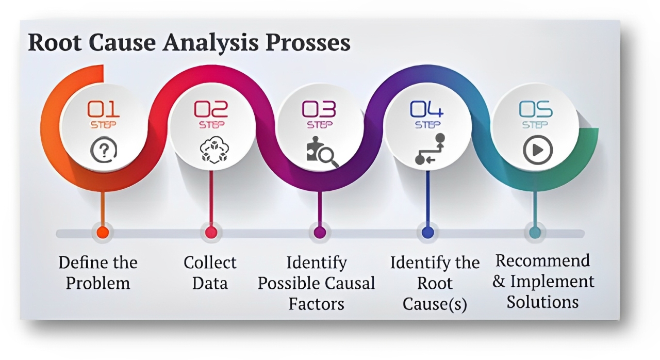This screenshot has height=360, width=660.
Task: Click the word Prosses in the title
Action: pyautogui.click(x=308, y=43)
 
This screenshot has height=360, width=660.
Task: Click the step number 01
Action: pyautogui.click(x=103, y=109)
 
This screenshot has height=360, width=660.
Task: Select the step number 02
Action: pyautogui.click(x=210, y=109)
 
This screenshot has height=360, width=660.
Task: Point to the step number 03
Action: pyautogui.click(x=319, y=109)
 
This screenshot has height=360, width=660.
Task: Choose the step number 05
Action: pyautogui.click(x=536, y=109)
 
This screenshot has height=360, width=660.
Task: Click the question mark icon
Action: pyautogui.click(x=103, y=150)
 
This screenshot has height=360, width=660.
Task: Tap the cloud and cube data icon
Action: pyautogui.click(x=210, y=151)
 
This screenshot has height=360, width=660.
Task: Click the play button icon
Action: pyautogui.click(x=538, y=150)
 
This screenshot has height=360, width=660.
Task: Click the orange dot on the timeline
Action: pyautogui.click(x=103, y=233)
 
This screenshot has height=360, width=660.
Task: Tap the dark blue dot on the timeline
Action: pyautogui.click(x=427, y=233)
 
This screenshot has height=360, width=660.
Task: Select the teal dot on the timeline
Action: pyautogui.click(x=535, y=233)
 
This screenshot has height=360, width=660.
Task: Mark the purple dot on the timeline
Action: pyautogui.click(x=320, y=233)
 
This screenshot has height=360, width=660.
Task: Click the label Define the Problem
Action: pyautogui.click(x=98, y=272)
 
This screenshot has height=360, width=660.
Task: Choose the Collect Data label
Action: pyautogui.click(x=210, y=272)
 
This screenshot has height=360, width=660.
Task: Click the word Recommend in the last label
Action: pyautogui.click(x=542, y=261)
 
